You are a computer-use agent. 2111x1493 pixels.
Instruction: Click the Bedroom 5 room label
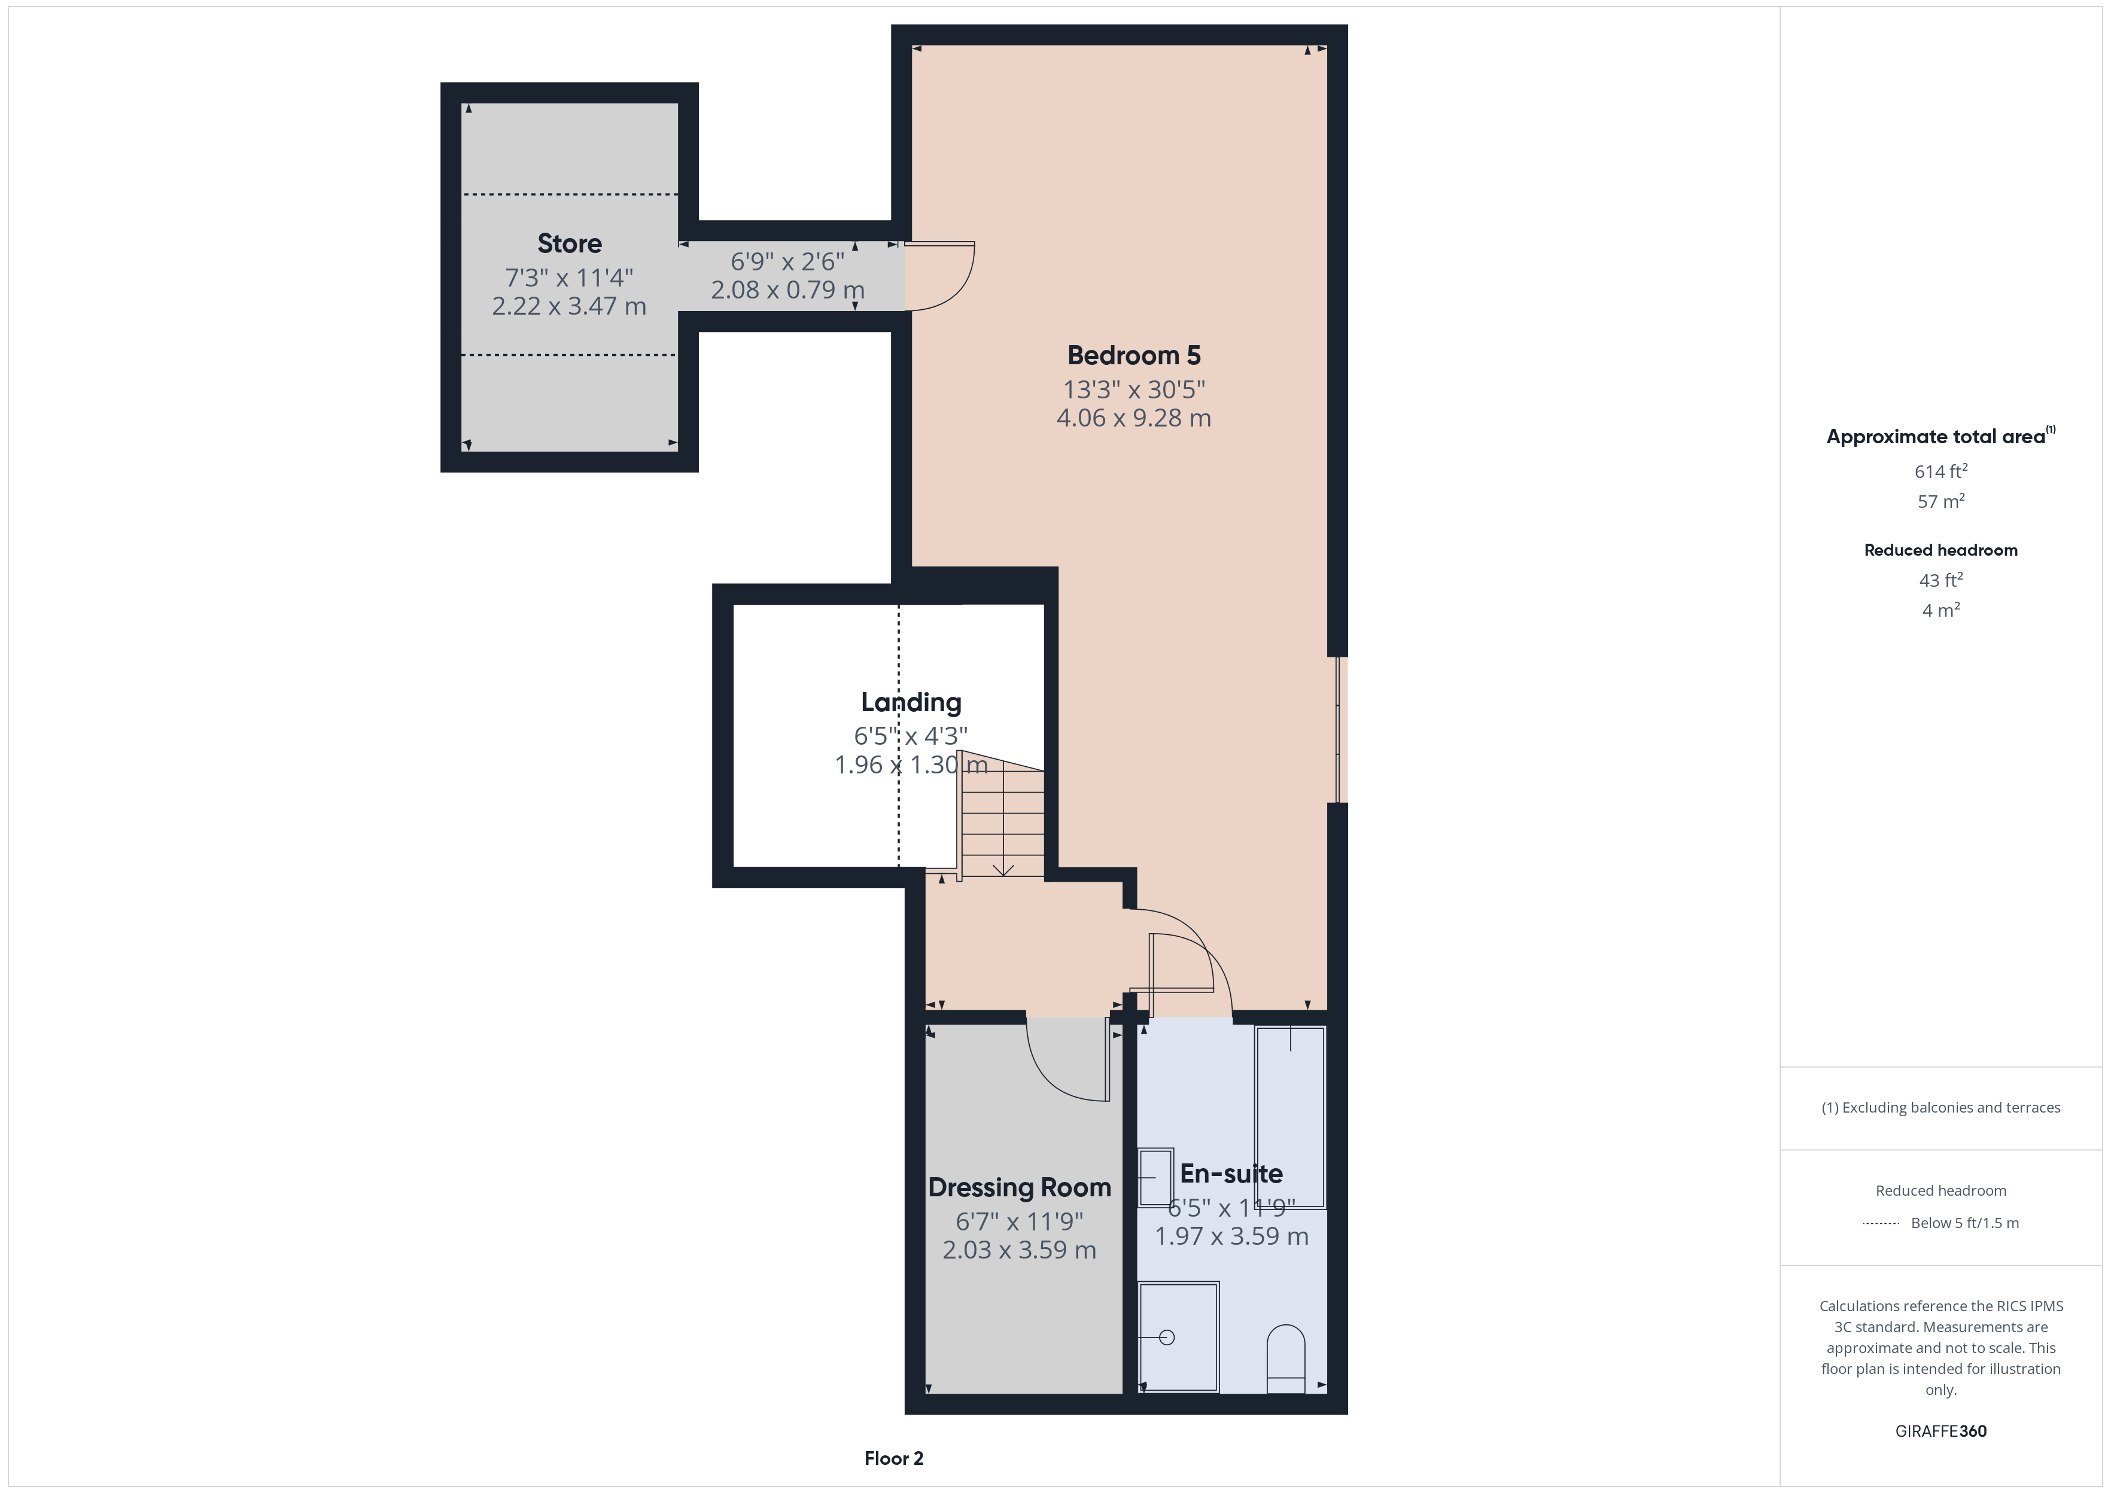pyautogui.click(x=1134, y=356)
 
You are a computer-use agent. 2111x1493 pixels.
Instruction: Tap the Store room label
pyautogui.click(x=569, y=243)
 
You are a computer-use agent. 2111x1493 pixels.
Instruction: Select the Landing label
pyautogui.click(x=911, y=702)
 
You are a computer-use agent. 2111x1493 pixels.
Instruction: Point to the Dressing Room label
pyautogui.click(x=1020, y=1188)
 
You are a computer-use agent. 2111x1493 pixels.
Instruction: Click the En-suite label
pyautogui.click(x=1231, y=1174)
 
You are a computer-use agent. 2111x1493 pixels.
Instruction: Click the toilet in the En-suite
pyautogui.click(x=1285, y=1359)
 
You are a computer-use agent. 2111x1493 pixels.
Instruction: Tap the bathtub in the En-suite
pyautogui.click(x=1290, y=1117)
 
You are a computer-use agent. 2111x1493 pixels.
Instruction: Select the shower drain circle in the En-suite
pyautogui.click(x=1167, y=1337)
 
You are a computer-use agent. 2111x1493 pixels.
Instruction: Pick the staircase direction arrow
pyautogui.click(x=1003, y=869)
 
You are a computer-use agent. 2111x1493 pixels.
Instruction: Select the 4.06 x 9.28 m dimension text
pyautogui.click(x=1134, y=418)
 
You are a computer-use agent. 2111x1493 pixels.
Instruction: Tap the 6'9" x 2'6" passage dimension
pyautogui.click(x=787, y=262)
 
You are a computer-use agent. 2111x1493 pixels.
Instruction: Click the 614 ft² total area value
pyautogui.click(x=1941, y=471)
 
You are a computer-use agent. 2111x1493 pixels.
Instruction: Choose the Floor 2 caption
pyautogui.click(x=894, y=1458)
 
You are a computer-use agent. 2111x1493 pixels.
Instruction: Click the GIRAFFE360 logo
pyautogui.click(x=1941, y=1430)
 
